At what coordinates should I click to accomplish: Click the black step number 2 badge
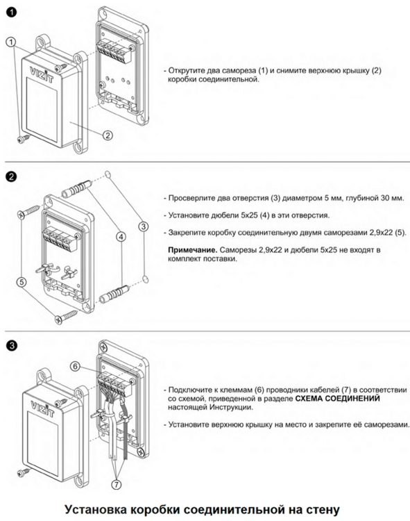pyautogui.click(x=12, y=176)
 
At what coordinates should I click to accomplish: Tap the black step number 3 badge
pyautogui.click(x=12, y=345)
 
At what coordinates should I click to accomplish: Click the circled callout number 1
pyautogui.click(x=11, y=42)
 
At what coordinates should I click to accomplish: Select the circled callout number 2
pyautogui.click(x=108, y=135)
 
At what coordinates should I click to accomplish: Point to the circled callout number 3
pyautogui.click(x=144, y=226)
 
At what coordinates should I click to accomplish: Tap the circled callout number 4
pyautogui.click(x=121, y=237)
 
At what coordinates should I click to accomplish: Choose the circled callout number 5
pyautogui.click(x=22, y=283)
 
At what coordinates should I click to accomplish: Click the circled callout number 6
pyautogui.click(x=76, y=366)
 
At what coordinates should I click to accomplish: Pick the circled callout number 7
pyautogui.click(x=116, y=485)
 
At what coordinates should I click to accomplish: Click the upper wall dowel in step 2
pyautogui.click(x=76, y=189)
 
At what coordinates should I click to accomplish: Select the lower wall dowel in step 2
pyautogui.click(x=114, y=293)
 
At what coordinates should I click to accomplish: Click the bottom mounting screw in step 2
pyautogui.click(x=67, y=315)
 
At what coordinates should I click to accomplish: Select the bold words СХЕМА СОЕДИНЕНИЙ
pyautogui.click(x=337, y=399)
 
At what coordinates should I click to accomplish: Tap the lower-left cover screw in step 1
pyautogui.click(x=23, y=138)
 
